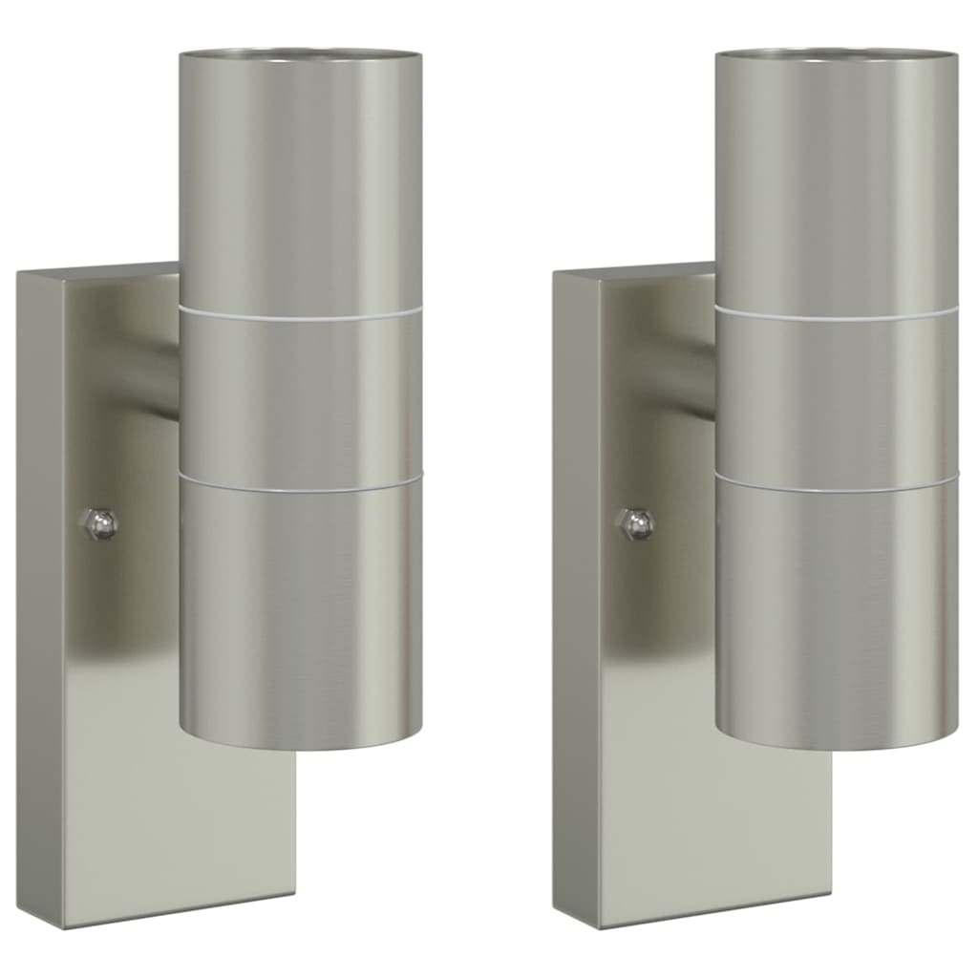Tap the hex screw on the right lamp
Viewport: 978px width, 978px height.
(x=636, y=522)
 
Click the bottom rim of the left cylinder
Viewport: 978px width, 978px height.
(x=300, y=745)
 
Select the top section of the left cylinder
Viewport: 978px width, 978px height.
(x=300, y=181)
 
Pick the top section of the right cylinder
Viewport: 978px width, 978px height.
(x=836, y=181)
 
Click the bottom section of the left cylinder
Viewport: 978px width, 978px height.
(x=300, y=611)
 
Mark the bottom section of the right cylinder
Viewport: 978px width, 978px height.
(x=836, y=611)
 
